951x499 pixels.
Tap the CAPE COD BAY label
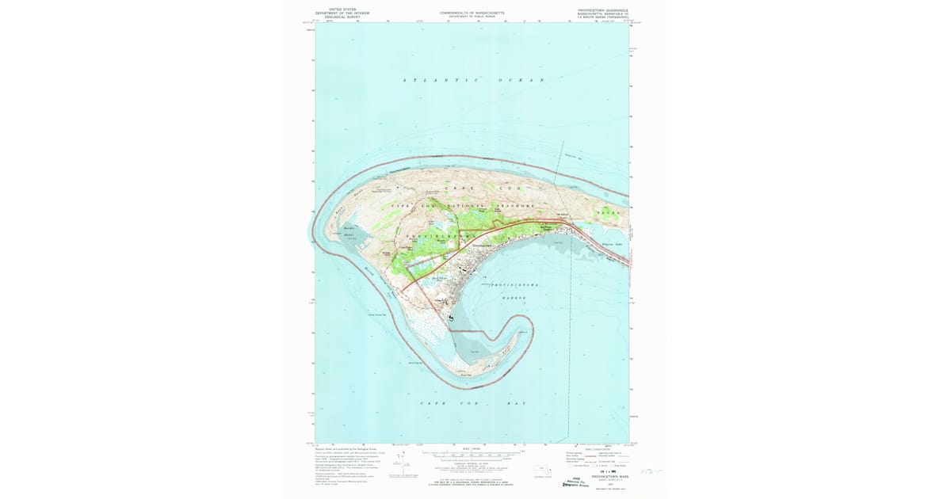point(473,403)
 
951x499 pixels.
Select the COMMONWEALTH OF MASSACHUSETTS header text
point(472,13)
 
